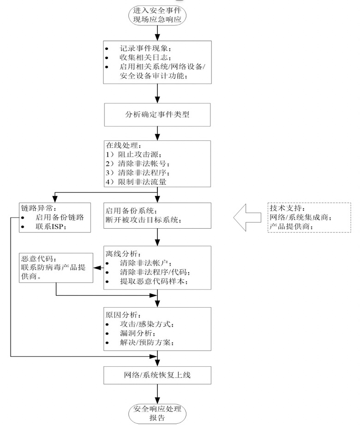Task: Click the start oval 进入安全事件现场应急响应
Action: [157, 15]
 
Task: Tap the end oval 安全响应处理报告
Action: [157, 413]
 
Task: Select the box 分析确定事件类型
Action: [157, 115]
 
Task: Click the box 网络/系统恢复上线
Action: [157, 375]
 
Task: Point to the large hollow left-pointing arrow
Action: [247, 218]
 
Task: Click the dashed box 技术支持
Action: [309, 218]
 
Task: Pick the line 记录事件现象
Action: [145, 49]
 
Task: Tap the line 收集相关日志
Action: [145, 57]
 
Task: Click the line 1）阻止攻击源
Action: [133, 154]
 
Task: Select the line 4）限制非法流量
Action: [136, 182]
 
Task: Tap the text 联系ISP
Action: [51, 226]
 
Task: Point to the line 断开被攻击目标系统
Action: [144, 219]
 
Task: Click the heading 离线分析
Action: [123, 254]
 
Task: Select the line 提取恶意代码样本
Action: [154, 281]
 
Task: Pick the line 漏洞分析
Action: [138, 333]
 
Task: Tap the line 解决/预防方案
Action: [147, 342]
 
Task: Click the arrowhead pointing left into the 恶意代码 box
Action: [96, 268]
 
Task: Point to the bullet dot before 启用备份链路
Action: [23, 218]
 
